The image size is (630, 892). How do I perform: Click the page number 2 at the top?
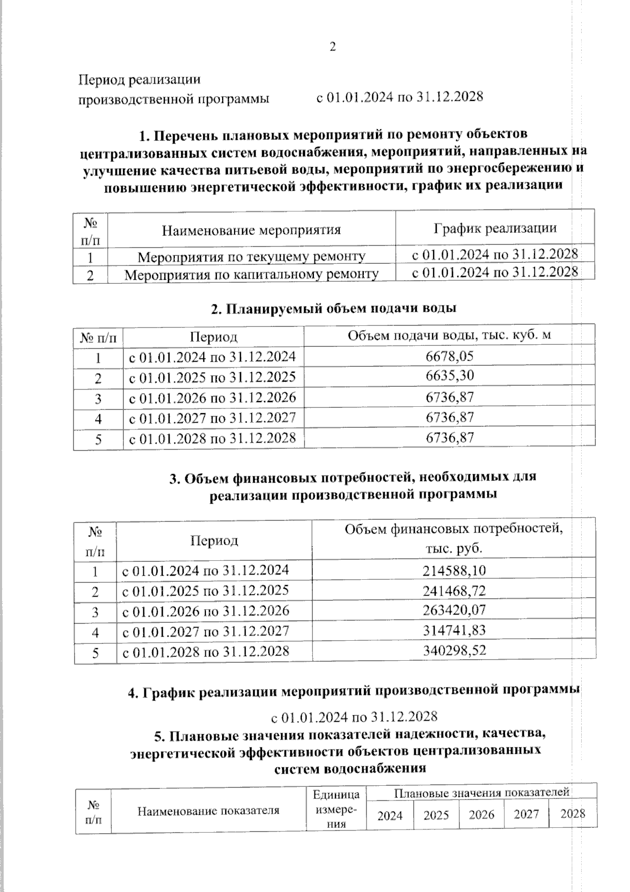(x=332, y=47)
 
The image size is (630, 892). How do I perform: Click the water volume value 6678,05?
(x=450, y=356)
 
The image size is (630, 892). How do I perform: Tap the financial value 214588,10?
(x=454, y=570)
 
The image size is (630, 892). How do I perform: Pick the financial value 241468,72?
(x=454, y=590)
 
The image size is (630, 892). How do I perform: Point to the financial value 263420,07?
(x=454, y=610)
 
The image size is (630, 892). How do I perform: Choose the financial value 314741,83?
(x=454, y=630)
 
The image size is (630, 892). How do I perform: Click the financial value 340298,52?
(x=454, y=650)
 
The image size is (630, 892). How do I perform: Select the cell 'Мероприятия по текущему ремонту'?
(x=251, y=257)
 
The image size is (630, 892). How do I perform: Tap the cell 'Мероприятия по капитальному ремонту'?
(x=251, y=274)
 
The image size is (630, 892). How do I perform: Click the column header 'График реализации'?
(x=495, y=228)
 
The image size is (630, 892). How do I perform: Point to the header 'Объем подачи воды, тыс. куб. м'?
(x=449, y=335)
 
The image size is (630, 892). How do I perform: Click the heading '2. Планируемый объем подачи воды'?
(x=333, y=308)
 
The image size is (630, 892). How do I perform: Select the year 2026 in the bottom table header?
(x=481, y=815)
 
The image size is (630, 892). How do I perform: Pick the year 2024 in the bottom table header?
(x=390, y=815)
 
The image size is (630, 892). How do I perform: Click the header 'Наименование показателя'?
(x=208, y=811)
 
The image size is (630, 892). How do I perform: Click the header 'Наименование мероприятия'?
(x=251, y=230)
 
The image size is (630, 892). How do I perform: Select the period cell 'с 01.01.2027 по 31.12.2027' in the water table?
(x=213, y=418)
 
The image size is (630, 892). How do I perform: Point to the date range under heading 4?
(x=354, y=717)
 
